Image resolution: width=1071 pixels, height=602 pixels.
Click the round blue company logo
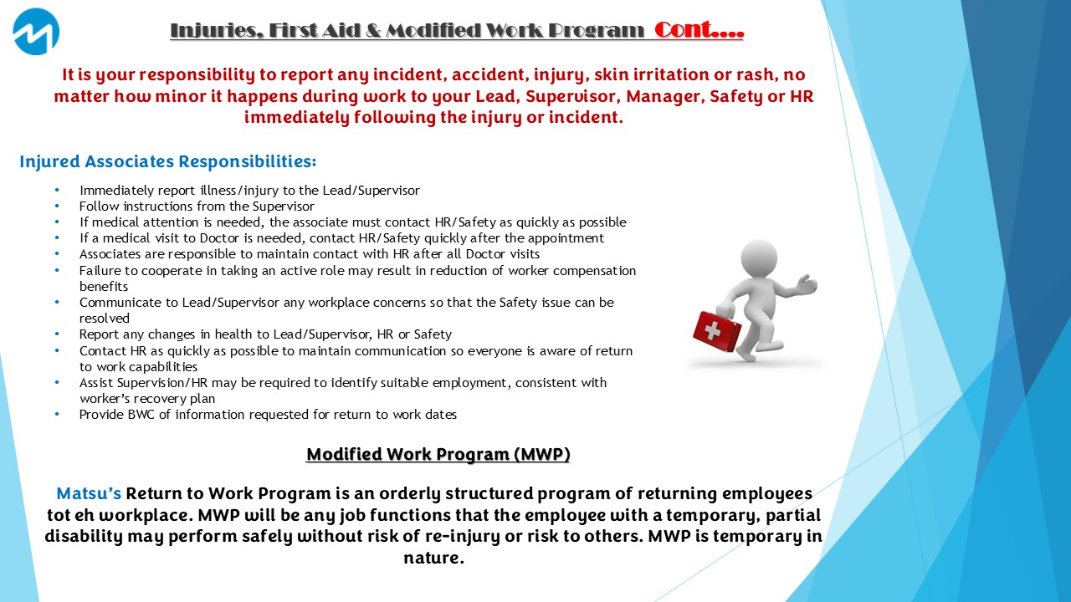tap(36, 32)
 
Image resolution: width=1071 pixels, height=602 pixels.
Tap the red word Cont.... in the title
tap(699, 30)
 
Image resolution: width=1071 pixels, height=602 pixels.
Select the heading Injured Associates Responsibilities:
tap(168, 161)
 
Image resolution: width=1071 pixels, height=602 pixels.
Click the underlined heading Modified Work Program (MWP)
tap(438, 454)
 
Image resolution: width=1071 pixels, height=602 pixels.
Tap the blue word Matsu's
tap(89, 493)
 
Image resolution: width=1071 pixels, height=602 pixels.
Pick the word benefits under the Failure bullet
tap(104, 286)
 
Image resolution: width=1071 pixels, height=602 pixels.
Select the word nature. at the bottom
tap(433, 558)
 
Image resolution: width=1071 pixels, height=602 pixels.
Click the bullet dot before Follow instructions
tap(58, 207)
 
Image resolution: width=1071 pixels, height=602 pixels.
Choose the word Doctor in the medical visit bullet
tap(220, 238)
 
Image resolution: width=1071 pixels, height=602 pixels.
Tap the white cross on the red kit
tap(711, 330)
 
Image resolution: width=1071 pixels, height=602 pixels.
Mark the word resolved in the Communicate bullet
tap(105, 319)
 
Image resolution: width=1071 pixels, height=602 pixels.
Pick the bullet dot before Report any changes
tap(58, 334)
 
